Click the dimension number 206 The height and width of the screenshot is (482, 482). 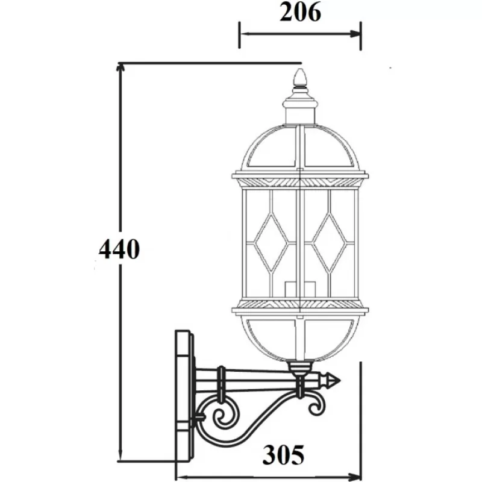pos(300,13)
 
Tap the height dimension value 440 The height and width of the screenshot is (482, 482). pos(119,249)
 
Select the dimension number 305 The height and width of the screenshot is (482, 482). pos(283,454)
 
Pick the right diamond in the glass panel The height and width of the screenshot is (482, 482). pos(329,243)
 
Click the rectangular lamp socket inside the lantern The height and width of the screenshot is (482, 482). pos(299,289)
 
